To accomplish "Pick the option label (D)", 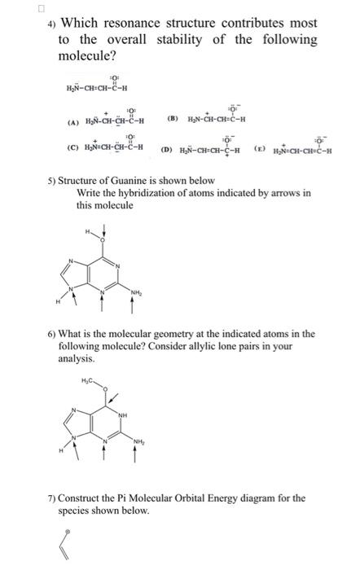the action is tap(166, 149).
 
